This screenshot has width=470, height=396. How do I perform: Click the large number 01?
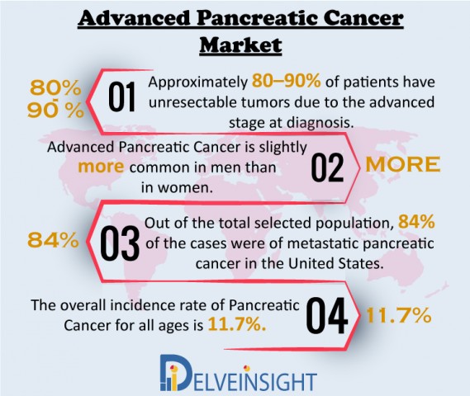coord(121,97)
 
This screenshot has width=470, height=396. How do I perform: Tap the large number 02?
coord(327,167)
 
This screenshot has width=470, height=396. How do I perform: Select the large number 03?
coord(120,243)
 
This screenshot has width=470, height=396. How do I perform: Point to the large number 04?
coord(327,315)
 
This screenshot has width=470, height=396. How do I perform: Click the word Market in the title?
coord(240,45)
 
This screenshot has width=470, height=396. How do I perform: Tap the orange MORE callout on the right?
coord(403,164)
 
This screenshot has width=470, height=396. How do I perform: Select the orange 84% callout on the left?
coord(53,240)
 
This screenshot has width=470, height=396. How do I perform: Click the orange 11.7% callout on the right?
coord(399,315)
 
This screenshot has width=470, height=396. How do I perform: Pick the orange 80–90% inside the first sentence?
coord(287,81)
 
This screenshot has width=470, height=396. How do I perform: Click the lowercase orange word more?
coord(101,167)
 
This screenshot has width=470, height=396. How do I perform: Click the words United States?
coord(336,263)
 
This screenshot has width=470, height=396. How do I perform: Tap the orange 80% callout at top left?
coord(55,88)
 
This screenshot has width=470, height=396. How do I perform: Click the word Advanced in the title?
coord(135,18)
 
